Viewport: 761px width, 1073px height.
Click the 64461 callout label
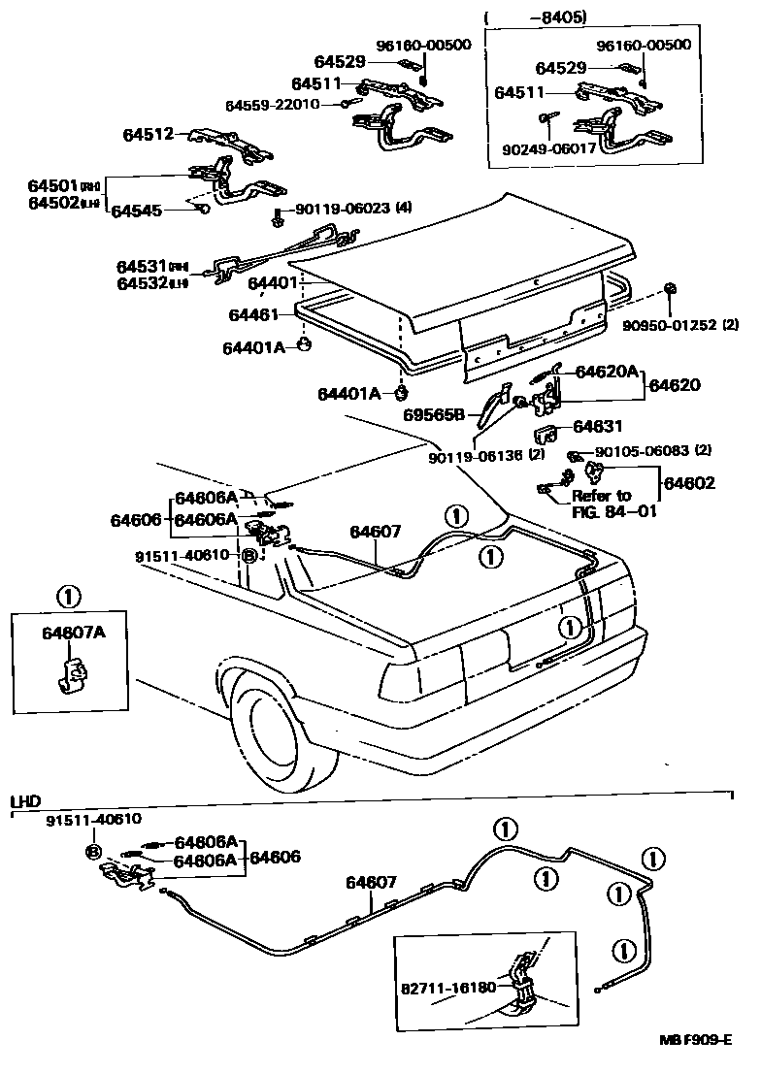253,315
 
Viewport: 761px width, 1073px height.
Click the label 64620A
607,371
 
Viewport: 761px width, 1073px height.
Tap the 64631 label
598,426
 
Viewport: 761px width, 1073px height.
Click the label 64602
690,482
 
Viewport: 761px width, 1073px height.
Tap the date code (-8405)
562,16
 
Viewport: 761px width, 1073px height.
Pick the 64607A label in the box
74,633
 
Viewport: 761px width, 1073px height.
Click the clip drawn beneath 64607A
72,672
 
